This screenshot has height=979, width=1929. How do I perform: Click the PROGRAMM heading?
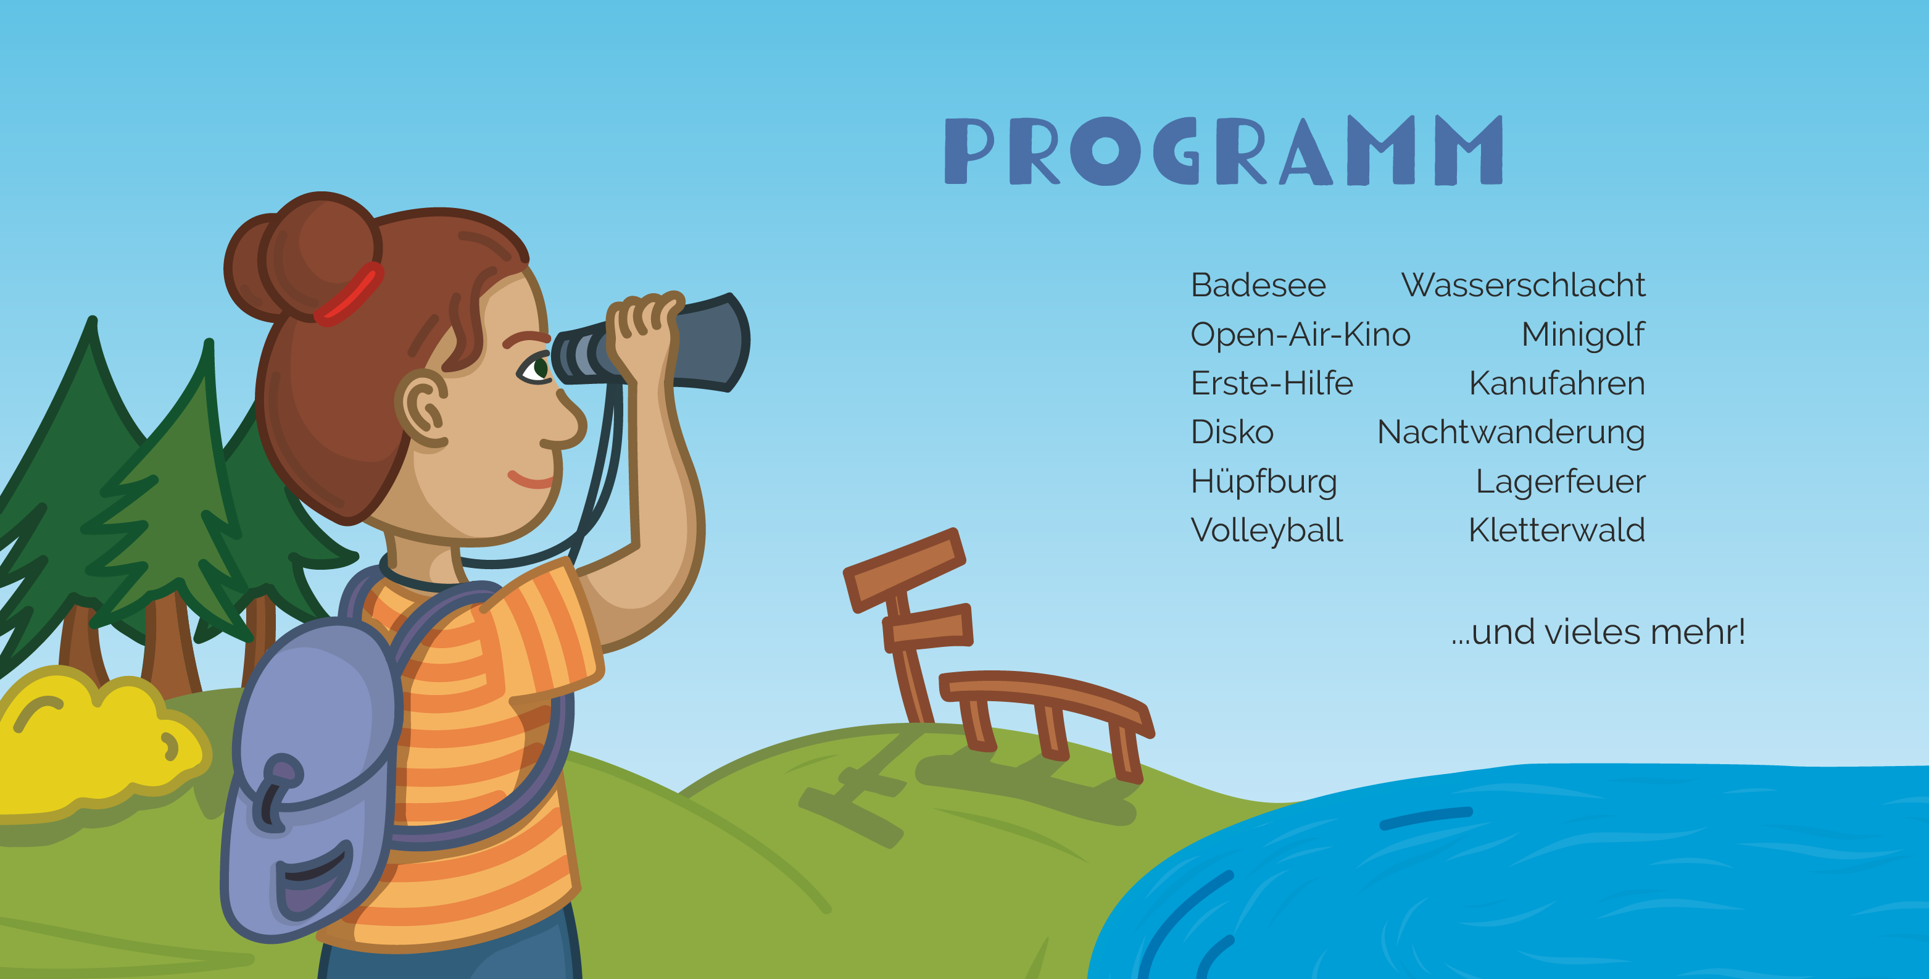(x=1224, y=150)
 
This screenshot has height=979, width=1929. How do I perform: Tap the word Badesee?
(x=1258, y=285)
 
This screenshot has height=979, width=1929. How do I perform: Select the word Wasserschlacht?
(x=1523, y=285)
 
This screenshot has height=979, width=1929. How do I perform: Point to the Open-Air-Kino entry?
(x=1300, y=335)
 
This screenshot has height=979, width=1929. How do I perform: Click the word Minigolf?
(x=1583, y=335)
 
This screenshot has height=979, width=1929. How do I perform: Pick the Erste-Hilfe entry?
(x=1272, y=383)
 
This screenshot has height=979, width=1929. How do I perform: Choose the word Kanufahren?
(x=1557, y=383)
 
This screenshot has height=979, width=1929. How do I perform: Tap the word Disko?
(x=1232, y=432)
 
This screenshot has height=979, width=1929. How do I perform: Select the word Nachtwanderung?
(x=1511, y=433)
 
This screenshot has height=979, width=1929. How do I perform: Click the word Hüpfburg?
(x=1263, y=481)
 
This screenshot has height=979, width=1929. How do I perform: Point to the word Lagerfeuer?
(x=1561, y=481)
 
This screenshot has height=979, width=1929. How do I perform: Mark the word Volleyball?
(x=1266, y=530)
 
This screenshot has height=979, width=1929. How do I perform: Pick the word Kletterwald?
(x=1557, y=530)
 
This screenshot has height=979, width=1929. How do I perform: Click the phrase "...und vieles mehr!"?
(x=1598, y=631)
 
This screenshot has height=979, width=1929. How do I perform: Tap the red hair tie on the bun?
(x=348, y=294)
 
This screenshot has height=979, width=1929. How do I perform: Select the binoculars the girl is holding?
(x=650, y=343)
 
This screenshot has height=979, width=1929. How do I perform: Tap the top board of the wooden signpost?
(x=904, y=569)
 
